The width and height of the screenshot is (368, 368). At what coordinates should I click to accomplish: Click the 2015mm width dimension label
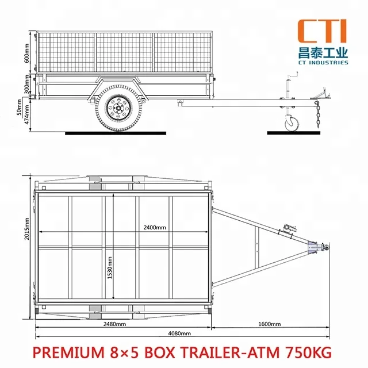[28, 229]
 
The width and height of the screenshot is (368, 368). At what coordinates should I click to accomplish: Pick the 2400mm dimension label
[155, 228]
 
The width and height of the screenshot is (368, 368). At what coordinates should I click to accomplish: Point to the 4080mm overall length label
[179, 333]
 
